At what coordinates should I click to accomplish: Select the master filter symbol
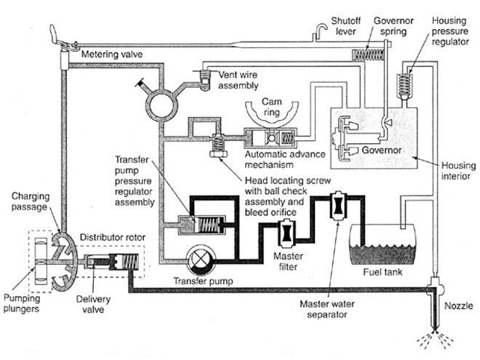pos(287,233)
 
